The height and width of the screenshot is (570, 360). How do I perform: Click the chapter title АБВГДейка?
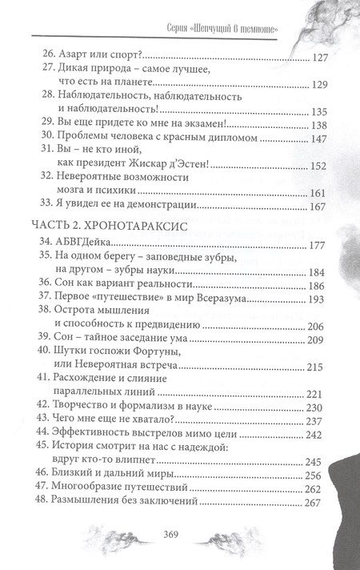86,244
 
